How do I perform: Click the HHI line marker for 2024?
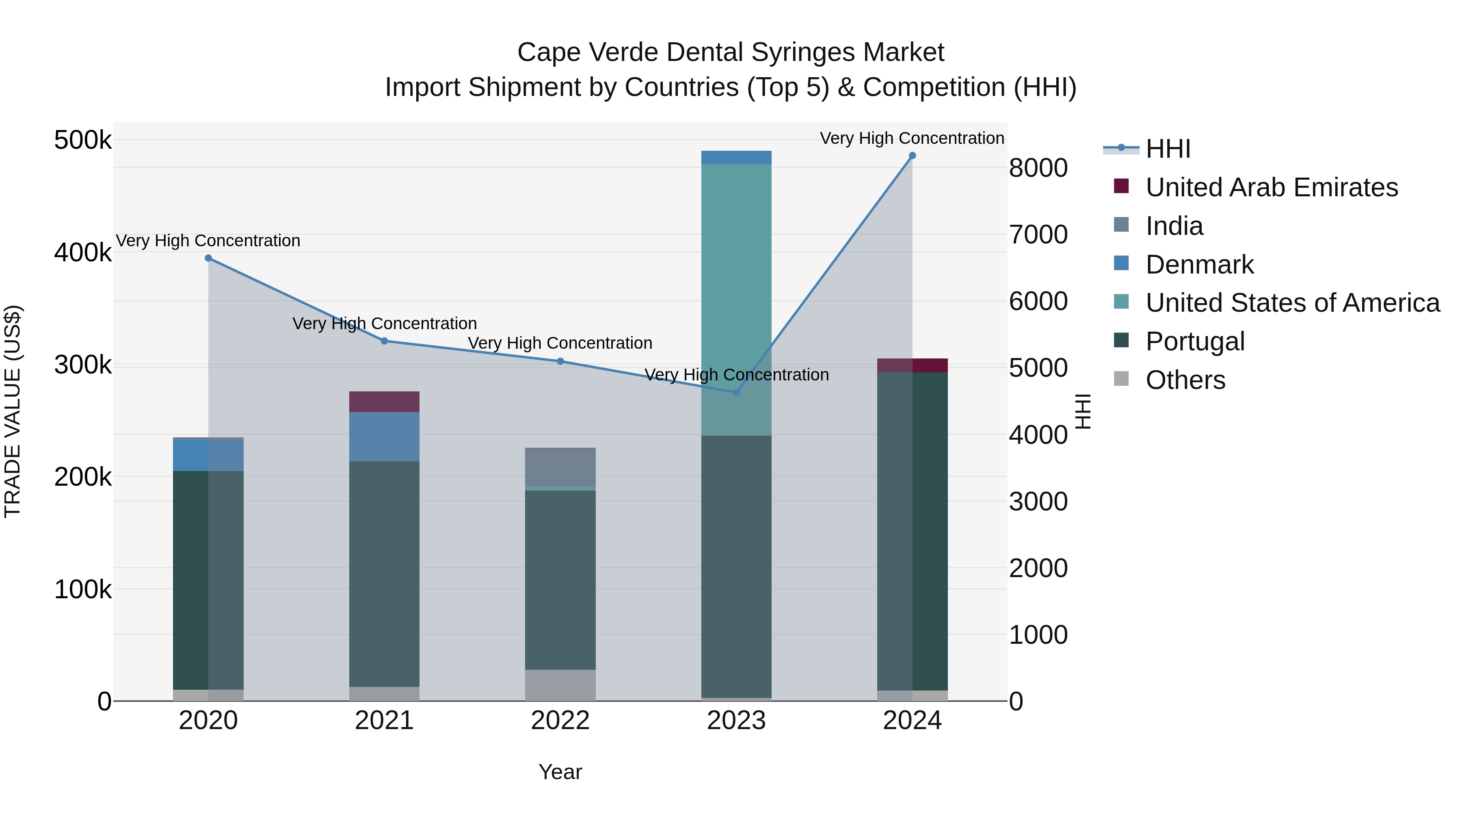(912, 156)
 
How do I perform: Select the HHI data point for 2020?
(208, 258)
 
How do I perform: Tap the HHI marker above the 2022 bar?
(560, 361)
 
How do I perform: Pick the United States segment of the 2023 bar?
(736, 299)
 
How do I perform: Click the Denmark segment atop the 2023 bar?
(736, 157)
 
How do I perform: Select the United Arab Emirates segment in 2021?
(384, 402)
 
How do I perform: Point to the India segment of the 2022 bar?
(560, 467)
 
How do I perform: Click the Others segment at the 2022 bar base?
(560, 685)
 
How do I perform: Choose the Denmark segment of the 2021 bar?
(384, 436)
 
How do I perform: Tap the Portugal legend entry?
(1195, 341)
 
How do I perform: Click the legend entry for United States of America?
(1292, 303)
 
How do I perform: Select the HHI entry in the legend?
(1168, 149)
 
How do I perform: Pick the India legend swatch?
(1121, 225)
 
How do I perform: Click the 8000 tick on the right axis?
(1038, 168)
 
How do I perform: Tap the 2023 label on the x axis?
(736, 721)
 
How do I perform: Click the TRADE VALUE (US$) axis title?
(13, 411)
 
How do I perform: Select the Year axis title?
(560, 772)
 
